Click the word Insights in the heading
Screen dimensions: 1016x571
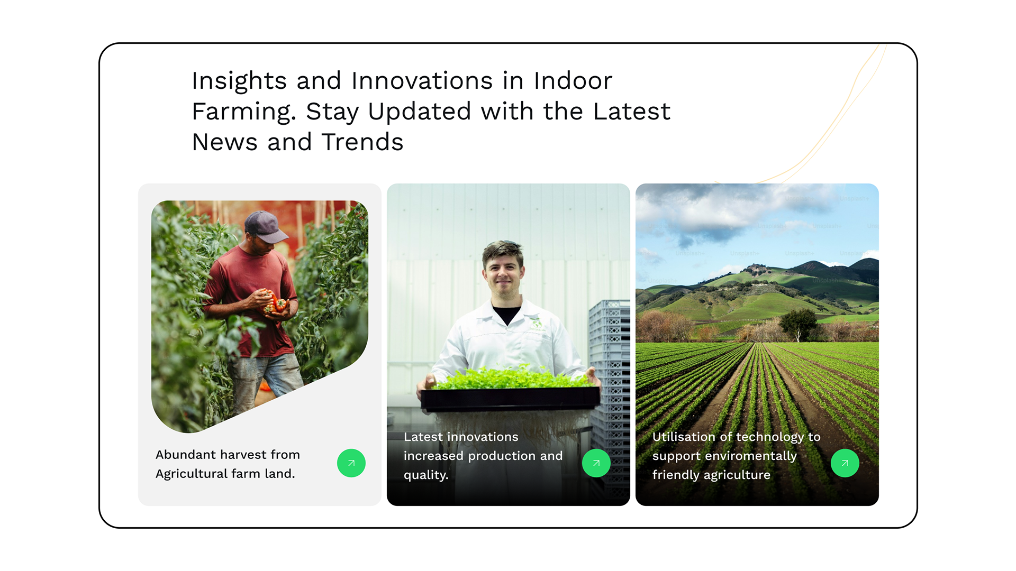coord(239,81)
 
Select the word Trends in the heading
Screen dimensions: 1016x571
coord(362,142)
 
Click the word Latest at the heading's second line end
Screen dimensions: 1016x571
coord(632,112)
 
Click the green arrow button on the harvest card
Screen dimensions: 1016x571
coord(351,463)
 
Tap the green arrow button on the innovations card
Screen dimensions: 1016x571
coord(596,463)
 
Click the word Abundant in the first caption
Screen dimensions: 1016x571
coord(186,455)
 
